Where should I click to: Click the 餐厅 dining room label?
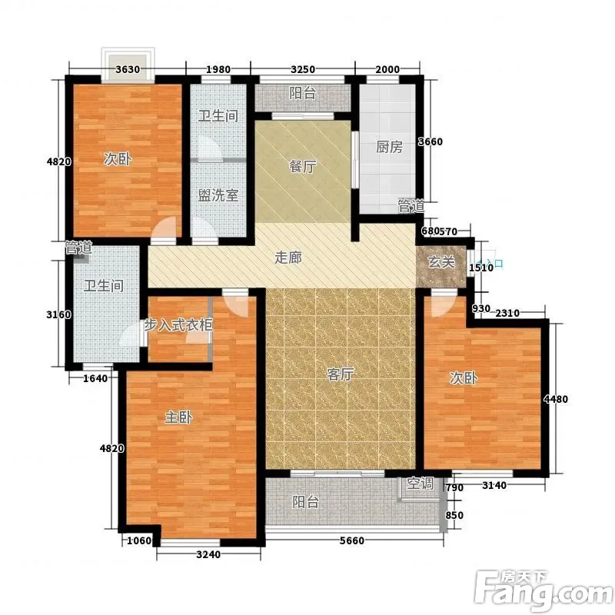click(x=302, y=167)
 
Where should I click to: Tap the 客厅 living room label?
click(x=340, y=374)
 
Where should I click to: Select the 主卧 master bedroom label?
click(x=178, y=417)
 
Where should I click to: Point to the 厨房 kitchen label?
click(x=390, y=147)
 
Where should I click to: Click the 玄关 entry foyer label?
click(x=441, y=262)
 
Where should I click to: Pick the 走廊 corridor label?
click(x=288, y=258)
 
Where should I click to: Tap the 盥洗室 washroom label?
click(x=218, y=195)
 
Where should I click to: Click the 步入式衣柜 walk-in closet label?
click(x=178, y=324)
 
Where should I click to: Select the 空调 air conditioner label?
click(x=420, y=484)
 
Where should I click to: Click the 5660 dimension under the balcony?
click(x=352, y=540)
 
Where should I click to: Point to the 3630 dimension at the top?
click(x=128, y=69)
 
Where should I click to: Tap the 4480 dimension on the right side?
click(x=556, y=399)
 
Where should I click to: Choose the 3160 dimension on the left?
click(x=59, y=314)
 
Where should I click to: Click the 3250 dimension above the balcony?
click(x=303, y=69)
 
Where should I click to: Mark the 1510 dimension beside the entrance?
click(x=481, y=268)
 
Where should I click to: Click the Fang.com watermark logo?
click(x=544, y=590)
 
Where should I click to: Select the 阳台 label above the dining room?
click(x=302, y=93)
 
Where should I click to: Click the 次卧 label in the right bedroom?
click(x=464, y=377)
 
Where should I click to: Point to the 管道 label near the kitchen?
click(x=411, y=206)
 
